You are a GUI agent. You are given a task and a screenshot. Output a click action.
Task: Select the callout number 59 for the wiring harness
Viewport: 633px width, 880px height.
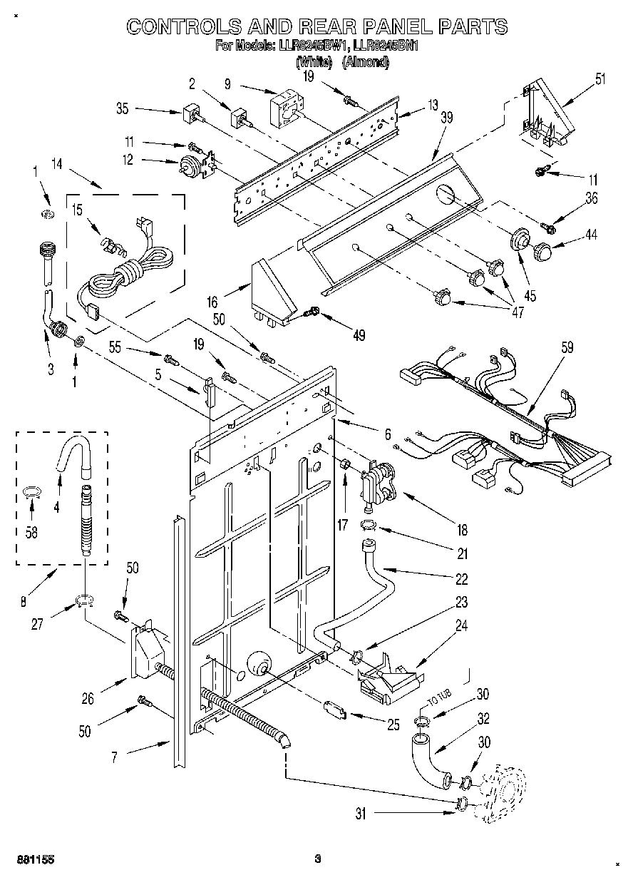point(567,349)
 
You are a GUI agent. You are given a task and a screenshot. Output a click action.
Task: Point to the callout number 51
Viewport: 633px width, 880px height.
point(599,78)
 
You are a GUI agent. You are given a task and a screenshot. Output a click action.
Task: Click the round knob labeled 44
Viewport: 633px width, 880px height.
point(543,251)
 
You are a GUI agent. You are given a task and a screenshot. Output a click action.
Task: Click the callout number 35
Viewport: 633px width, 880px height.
point(122,109)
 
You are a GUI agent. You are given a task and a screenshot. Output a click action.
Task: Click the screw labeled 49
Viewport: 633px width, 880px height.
point(312,311)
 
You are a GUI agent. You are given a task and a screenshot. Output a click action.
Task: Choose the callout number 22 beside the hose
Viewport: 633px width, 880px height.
point(463,578)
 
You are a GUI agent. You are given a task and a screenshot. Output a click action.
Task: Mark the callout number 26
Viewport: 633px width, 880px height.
point(88,700)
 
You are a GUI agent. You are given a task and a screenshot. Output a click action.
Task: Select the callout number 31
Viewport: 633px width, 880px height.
point(361,813)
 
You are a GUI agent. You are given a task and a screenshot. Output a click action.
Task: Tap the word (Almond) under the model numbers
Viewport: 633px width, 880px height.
point(366,62)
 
